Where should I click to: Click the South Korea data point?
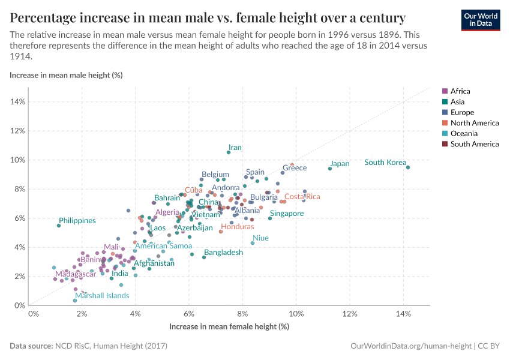pyautogui.click(x=408, y=167)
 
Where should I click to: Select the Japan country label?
pyautogui.click(x=340, y=164)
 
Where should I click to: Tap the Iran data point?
pyautogui.click(x=229, y=152)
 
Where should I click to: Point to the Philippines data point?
pyautogui.click(x=59, y=226)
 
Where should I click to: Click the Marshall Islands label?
pyautogui.click(x=102, y=296)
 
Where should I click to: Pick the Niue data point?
pyautogui.click(x=253, y=243)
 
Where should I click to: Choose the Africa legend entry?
pyautogui.click(x=460, y=91)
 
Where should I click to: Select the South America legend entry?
pyautogui.click(x=474, y=144)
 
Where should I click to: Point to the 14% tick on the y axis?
pyautogui.click(x=18, y=101)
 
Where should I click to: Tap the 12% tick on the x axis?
pyautogui.click(x=350, y=314)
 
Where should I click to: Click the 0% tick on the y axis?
pyautogui.click(x=20, y=305)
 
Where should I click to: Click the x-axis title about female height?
pyautogui.click(x=229, y=327)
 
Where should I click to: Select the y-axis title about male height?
pyautogui.click(x=66, y=75)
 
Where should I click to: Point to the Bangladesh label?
pyautogui.click(x=223, y=253)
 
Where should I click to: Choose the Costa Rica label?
pyautogui.click(x=302, y=197)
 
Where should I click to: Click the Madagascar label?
pyautogui.click(x=71, y=274)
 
